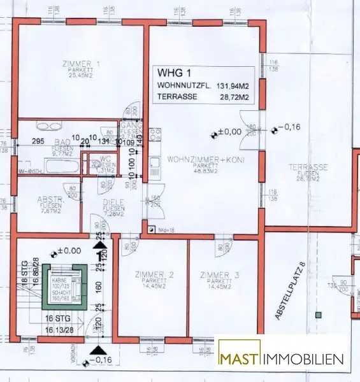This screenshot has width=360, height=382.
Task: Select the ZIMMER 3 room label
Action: pyautogui.click(x=219, y=275)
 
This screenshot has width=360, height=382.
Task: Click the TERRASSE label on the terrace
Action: pyautogui.click(x=308, y=166)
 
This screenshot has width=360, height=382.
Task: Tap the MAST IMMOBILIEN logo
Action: pyautogui.click(x=281, y=360)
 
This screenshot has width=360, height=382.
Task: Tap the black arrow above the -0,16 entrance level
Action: pyautogui.click(x=96, y=350)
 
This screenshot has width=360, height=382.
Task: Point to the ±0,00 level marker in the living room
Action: pyautogui.click(x=227, y=133)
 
